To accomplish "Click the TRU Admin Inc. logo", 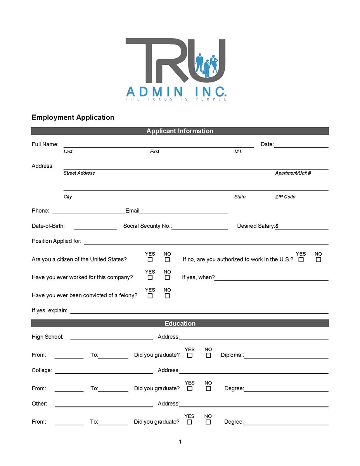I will pyautogui.click(x=176, y=69).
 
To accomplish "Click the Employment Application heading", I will pyautogui.click(x=73, y=118).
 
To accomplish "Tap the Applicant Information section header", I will pyautogui.click(x=180, y=131).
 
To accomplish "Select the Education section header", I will pyautogui.click(x=180, y=324).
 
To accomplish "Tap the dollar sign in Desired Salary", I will pyautogui.click(x=277, y=226).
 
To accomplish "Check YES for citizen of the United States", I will pyautogui.click(x=150, y=260).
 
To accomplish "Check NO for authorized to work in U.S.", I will pyautogui.click(x=318, y=260).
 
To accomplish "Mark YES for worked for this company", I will pyautogui.click(x=150, y=277).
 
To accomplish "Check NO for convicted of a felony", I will pyautogui.click(x=167, y=296).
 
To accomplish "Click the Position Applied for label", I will pyautogui.click(x=57, y=241).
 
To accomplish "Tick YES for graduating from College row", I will pyautogui.click(x=190, y=389).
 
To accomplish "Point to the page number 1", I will pyautogui.click(x=180, y=442).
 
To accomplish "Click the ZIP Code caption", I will pyautogui.click(x=285, y=197).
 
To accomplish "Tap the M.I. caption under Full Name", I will pyautogui.click(x=238, y=152).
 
